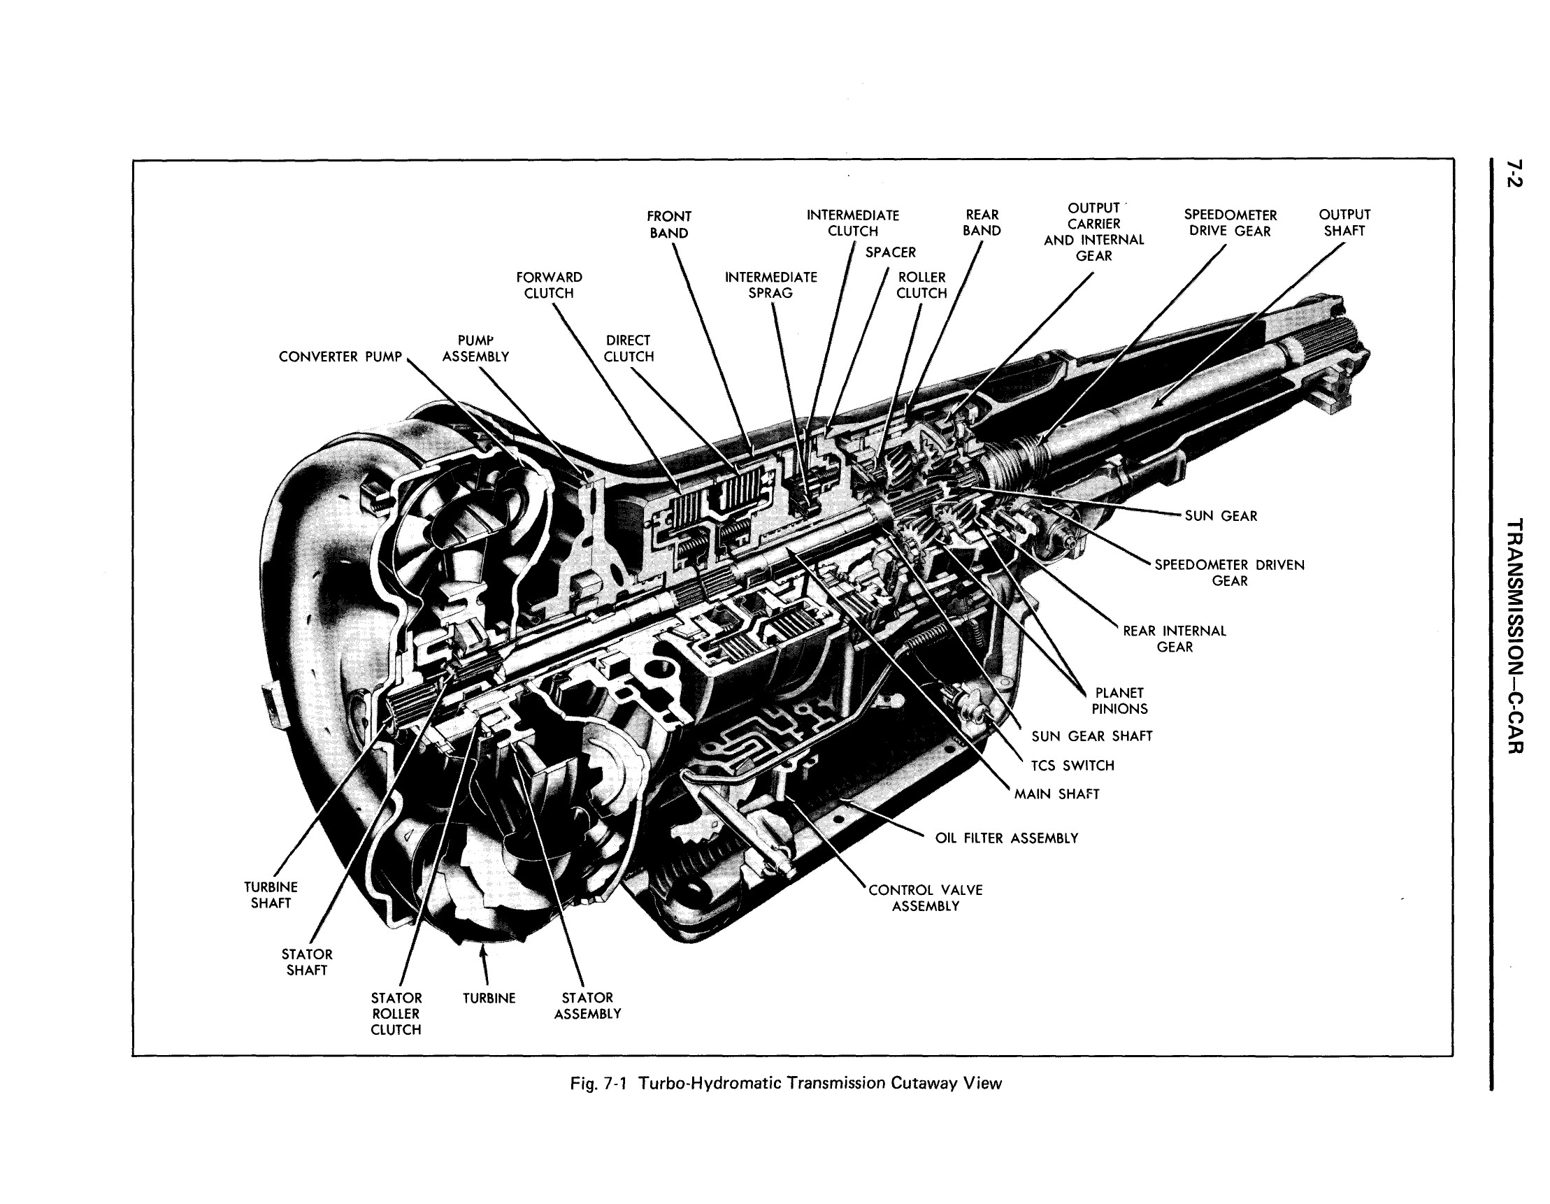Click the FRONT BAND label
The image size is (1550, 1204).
[668, 224]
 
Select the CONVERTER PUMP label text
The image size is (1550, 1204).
[340, 357]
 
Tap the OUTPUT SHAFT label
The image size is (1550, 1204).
[1344, 222]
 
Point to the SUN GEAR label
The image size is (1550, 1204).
[1221, 516]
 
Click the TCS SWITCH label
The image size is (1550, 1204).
[1072, 766]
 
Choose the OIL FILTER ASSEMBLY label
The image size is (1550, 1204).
[1005, 838]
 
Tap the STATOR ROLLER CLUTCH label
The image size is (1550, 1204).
[396, 1014]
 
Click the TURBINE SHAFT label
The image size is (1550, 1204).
[271, 895]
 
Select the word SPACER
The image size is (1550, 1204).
[890, 252]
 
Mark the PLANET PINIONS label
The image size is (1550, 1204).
[1119, 701]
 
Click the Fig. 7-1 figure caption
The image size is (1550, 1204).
[786, 1083]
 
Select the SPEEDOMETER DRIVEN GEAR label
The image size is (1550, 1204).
[1229, 573]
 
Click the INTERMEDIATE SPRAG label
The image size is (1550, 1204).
[770, 285]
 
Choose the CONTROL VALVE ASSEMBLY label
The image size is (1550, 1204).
[926, 898]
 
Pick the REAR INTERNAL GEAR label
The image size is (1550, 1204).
[1174, 639]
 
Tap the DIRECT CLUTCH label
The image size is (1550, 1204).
[628, 349]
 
